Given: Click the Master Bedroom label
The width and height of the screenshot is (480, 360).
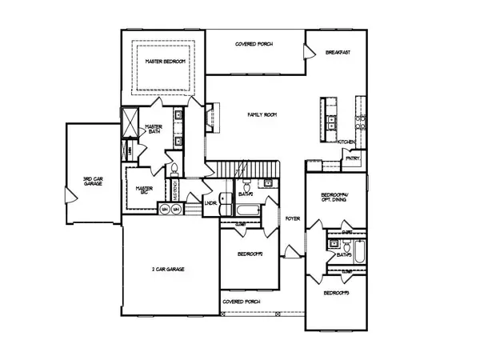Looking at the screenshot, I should point(165,62).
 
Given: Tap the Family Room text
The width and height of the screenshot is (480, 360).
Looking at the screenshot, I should point(261,115).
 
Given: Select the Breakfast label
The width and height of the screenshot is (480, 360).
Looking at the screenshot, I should point(338,52).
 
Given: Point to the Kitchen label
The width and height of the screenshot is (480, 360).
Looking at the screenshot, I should point(346,142).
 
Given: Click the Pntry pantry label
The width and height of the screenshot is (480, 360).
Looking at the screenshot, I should point(352,158).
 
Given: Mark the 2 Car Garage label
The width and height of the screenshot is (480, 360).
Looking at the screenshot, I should point(169,270).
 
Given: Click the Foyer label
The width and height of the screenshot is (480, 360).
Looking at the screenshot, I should point(293,217).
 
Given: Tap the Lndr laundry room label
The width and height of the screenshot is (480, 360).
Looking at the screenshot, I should point(211,203).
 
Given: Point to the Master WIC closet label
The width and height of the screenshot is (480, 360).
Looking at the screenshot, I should point(144,190).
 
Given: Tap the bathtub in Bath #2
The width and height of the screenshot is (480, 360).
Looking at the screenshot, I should point(246,211).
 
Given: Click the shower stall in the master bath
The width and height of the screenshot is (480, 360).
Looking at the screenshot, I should point(129,121).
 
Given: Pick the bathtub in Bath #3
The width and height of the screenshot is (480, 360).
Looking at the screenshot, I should point(361,255).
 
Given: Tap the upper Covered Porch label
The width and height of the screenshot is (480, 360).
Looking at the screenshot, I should point(254,43).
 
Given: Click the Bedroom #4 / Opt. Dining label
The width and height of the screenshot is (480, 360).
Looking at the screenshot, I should point(336,198).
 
